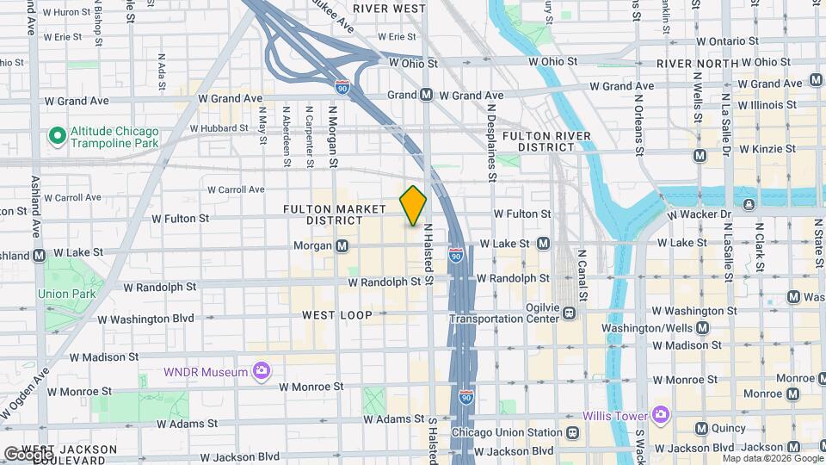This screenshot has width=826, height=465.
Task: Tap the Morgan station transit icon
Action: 342,246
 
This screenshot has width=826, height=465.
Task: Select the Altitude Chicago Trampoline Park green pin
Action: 58,136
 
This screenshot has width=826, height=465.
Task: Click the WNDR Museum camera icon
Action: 262,372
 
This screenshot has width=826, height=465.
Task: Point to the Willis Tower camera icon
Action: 660,415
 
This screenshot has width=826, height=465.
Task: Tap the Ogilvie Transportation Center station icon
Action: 569,313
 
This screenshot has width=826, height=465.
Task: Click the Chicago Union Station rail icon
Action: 573,432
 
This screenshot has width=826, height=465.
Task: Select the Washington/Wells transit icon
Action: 703,328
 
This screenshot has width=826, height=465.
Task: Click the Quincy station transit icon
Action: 701,429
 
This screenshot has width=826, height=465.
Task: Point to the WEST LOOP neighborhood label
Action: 337,315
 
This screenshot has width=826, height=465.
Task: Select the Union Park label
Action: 64,294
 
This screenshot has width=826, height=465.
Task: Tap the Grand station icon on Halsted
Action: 426,96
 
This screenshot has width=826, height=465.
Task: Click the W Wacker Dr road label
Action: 700,213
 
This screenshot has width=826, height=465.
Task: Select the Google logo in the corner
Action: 28,453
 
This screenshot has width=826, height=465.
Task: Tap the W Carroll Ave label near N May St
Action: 236,189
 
